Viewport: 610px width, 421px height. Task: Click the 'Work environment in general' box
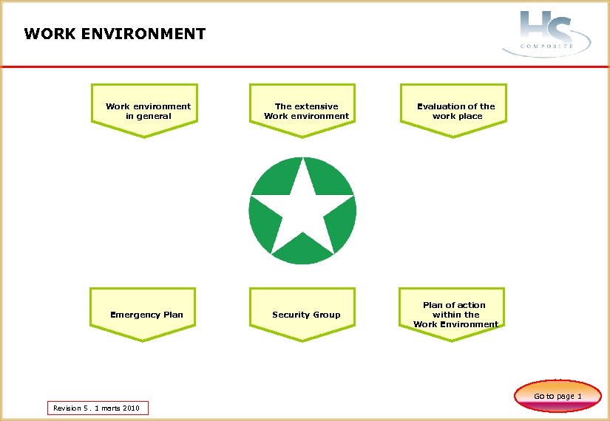pyautogui.click(x=148, y=111)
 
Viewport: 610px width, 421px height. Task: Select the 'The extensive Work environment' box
pyautogui.click(x=306, y=111)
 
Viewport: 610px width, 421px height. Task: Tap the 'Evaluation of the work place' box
pyautogui.click(x=456, y=111)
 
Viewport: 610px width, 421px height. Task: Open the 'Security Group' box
pyautogui.click(x=306, y=315)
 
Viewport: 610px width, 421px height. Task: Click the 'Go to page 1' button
pyautogui.click(x=558, y=396)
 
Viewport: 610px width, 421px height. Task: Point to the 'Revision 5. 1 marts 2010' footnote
pyautogui.click(x=97, y=408)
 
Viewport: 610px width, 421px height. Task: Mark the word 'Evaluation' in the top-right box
pyautogui.click(x=441, y=106)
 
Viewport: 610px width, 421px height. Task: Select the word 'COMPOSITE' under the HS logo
pyautogui.click(x=546, y=46)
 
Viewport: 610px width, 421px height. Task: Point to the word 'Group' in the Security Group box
pyautogui.click(x=326, y=315)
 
